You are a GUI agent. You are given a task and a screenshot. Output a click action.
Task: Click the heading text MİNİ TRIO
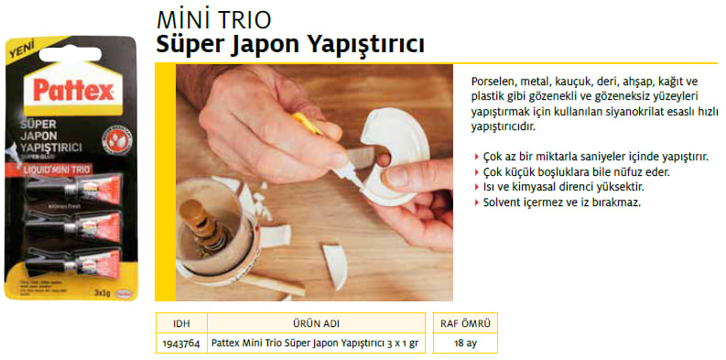coord(214,19)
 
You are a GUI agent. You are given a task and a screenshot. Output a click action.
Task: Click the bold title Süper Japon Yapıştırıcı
coord(290,43)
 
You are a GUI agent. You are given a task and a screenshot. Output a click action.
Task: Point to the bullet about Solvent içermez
coord(561,202)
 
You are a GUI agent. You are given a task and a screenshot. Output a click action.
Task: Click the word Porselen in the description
coord(489,81)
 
